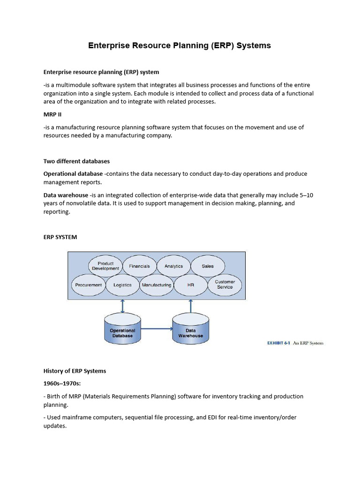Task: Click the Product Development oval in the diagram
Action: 105,266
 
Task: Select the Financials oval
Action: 139,266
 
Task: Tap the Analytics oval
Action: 173,266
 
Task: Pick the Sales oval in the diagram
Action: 207,266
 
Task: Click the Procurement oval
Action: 89,285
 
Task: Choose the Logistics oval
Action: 122,285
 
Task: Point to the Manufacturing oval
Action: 156,285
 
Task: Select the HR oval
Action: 190,285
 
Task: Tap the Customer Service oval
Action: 225,285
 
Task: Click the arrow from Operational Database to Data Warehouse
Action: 157,329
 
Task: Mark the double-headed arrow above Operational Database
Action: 122,306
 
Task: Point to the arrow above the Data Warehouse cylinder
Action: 190,306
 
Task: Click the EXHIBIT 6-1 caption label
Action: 279,343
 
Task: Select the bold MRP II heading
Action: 52,114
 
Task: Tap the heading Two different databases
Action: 76,161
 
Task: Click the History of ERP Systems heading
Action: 75,371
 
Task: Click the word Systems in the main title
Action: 254,45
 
